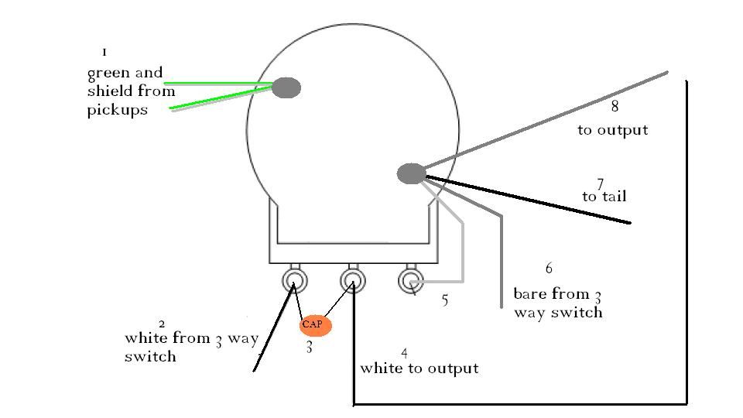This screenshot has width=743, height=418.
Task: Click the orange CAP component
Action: [x=316, y=325]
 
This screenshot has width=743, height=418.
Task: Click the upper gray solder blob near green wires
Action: [x=286, y=88]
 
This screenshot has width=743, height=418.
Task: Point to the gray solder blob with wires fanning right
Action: [x=411, y=174]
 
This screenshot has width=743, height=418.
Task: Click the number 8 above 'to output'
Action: [x=615, y=108]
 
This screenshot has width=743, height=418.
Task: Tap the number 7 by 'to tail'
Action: [x=600, y=183]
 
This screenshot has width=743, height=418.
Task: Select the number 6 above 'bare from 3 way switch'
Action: [x=549, y=269]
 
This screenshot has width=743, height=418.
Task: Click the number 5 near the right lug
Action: [x=444, y=300]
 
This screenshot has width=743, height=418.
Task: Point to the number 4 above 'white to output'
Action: [x=405, y=354]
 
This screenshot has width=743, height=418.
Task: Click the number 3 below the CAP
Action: [x=309, y=348]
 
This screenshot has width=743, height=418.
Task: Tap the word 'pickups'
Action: [x=117, y=110]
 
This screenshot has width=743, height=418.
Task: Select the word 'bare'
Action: [x=531, y=295]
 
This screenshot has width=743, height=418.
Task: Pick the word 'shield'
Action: [x=108, y=91]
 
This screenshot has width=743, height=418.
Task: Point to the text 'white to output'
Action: [x=419, y=368]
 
